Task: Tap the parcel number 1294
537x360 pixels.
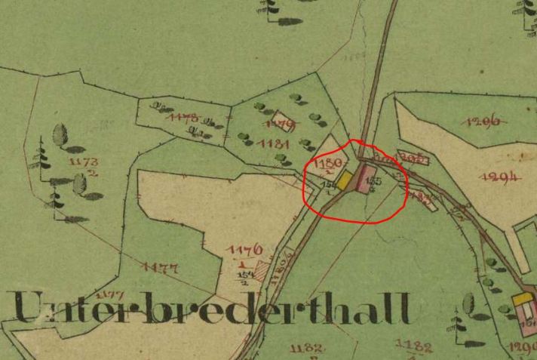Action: (500, 177)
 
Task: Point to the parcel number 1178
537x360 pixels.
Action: (183, 118)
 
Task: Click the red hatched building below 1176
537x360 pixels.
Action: (261, 269)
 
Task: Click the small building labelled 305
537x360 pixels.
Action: (413, 158)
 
